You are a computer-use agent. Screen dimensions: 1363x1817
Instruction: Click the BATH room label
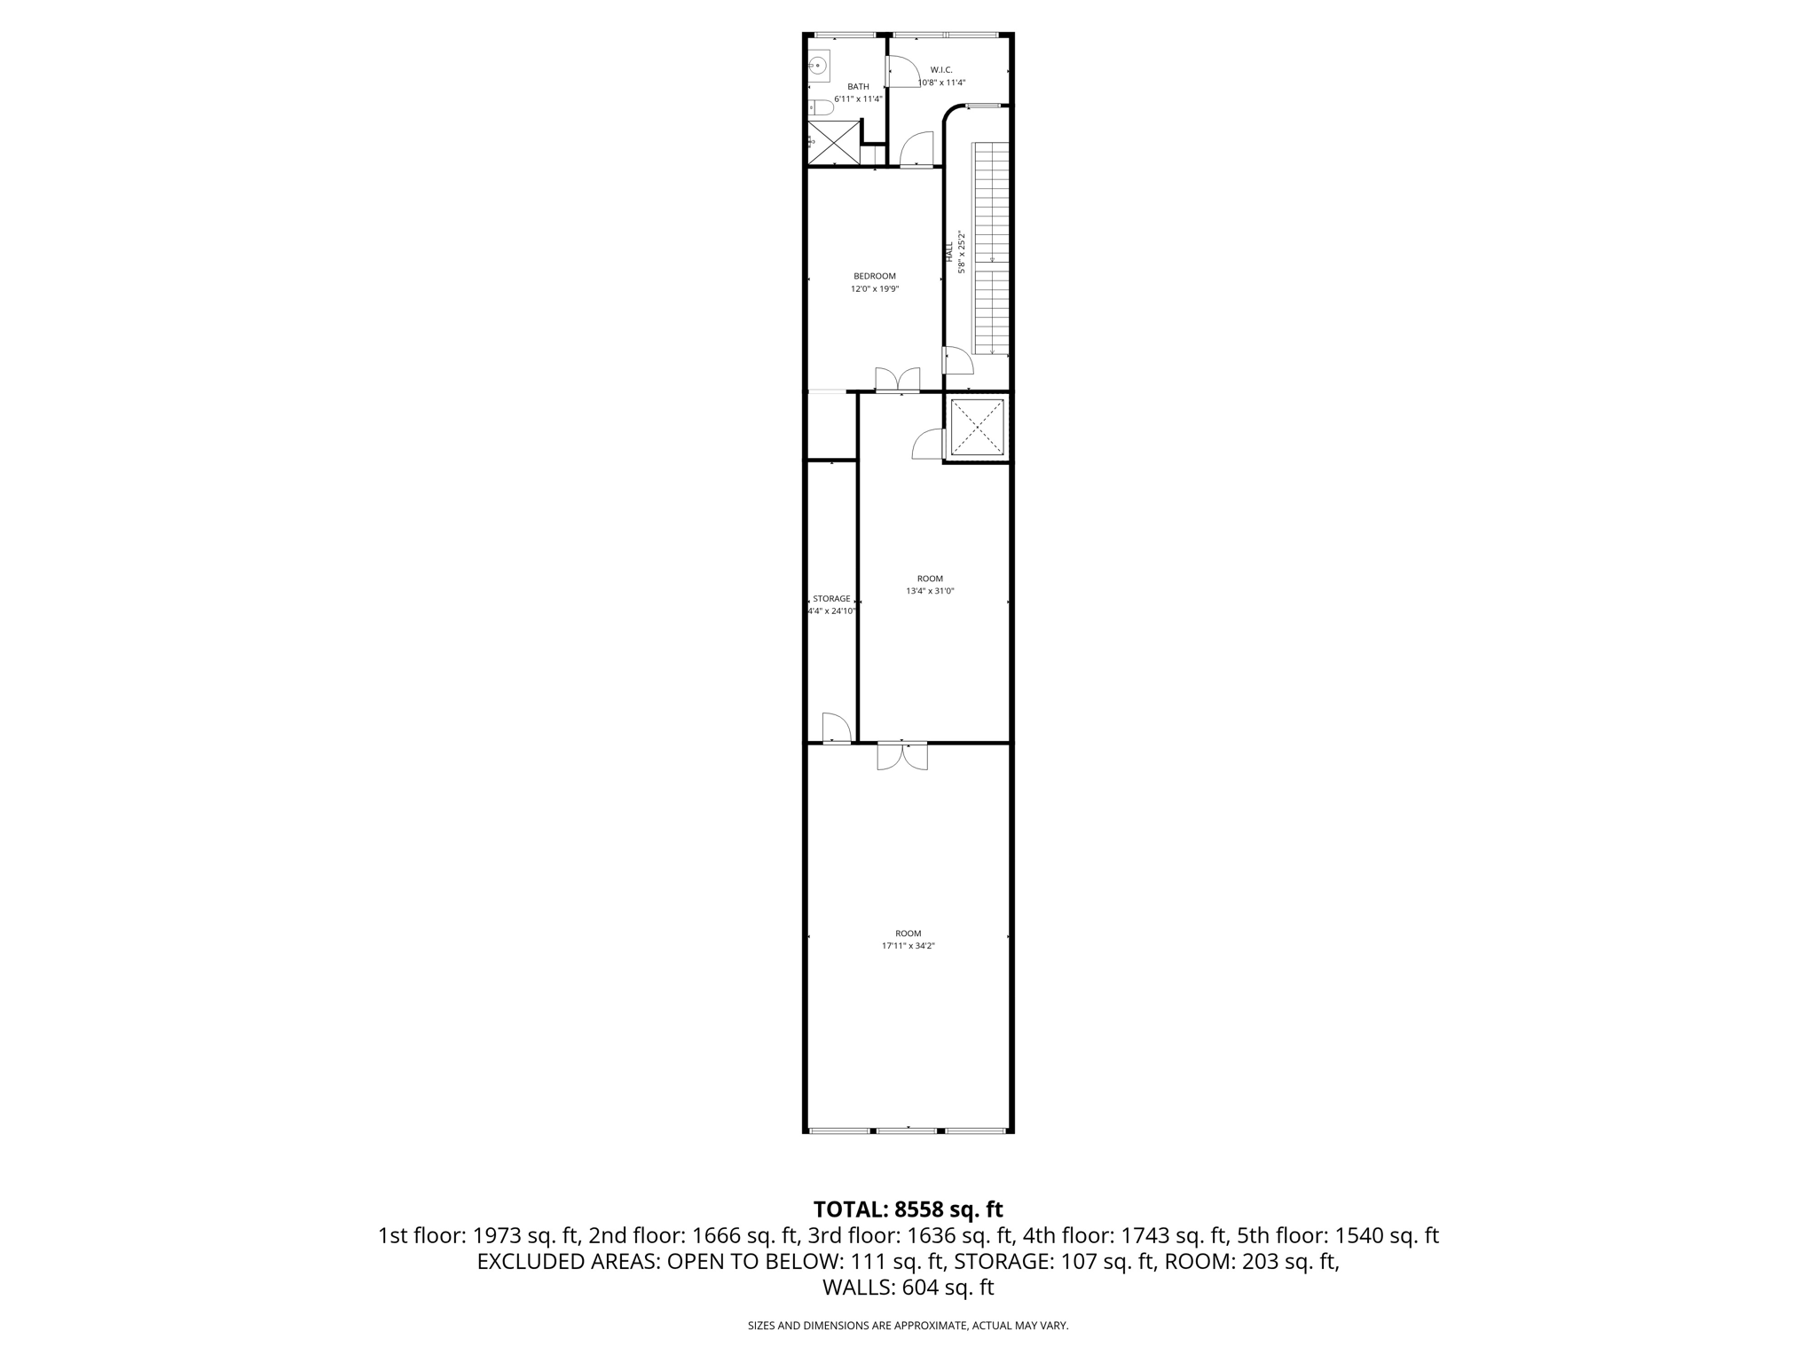(x=857, y=86)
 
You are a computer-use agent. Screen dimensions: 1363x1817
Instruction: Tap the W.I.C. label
(x=940, y=69)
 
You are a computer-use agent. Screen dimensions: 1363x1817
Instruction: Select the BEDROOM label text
(x=874, y=276)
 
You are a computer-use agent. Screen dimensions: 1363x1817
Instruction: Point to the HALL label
(x=949, y=251)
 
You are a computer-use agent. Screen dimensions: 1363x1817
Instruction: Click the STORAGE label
(x=831, y=599)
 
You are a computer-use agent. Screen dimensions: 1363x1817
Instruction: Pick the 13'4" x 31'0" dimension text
(x=930, y=591)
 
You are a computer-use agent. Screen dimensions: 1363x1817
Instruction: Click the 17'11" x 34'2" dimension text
(x=908, y=946)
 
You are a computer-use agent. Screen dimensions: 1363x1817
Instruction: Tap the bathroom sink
(x=819, y=66)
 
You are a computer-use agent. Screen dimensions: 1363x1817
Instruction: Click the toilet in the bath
(x=822, y=107)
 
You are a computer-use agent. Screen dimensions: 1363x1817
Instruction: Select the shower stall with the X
(x=834, y=142)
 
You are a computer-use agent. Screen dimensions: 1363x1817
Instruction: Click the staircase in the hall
(x=992, y=248)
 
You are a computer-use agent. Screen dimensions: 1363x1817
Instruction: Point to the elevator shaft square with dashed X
(x=978, y=427)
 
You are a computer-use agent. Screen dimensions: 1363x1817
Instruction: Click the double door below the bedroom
(x=898, y=381)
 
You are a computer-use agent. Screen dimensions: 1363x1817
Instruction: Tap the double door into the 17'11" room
(x=902, y=755)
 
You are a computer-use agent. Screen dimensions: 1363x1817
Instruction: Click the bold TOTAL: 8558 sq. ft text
(x=908, y=1209)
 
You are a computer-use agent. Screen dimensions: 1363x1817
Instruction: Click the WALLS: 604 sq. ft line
(x=908, y=1288)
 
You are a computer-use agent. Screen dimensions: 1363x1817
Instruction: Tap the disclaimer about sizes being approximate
(x=908, y=1326)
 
